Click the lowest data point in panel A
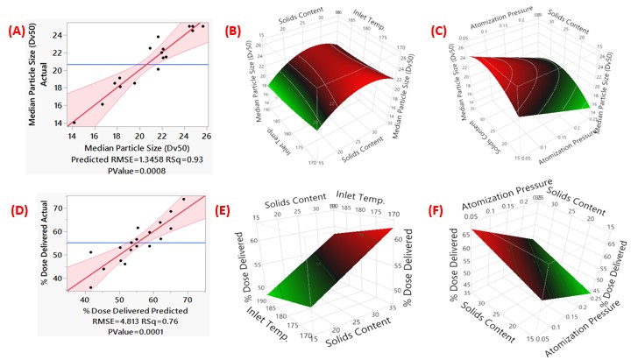(74, 123)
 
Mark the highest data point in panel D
(184, 200)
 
